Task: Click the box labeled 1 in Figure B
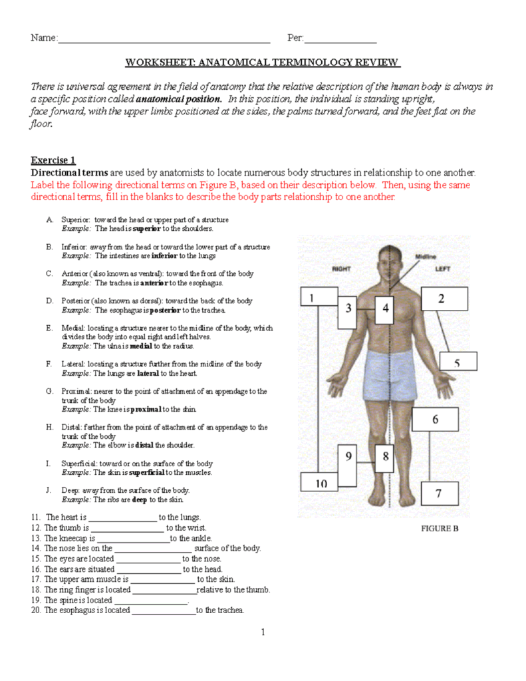click(x=319, y=301)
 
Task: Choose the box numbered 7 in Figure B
click(x=438, y=493)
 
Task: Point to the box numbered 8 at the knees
click(x=385, y=458)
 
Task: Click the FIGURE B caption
click(x=438, y=529)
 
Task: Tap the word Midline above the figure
click(x=426, y=256)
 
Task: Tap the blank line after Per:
click(x=340, y=39)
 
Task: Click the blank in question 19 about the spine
click(x=152, y=601)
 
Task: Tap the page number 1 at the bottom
click(x=263, y=632)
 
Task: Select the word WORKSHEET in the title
click(x=158, y=63)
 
